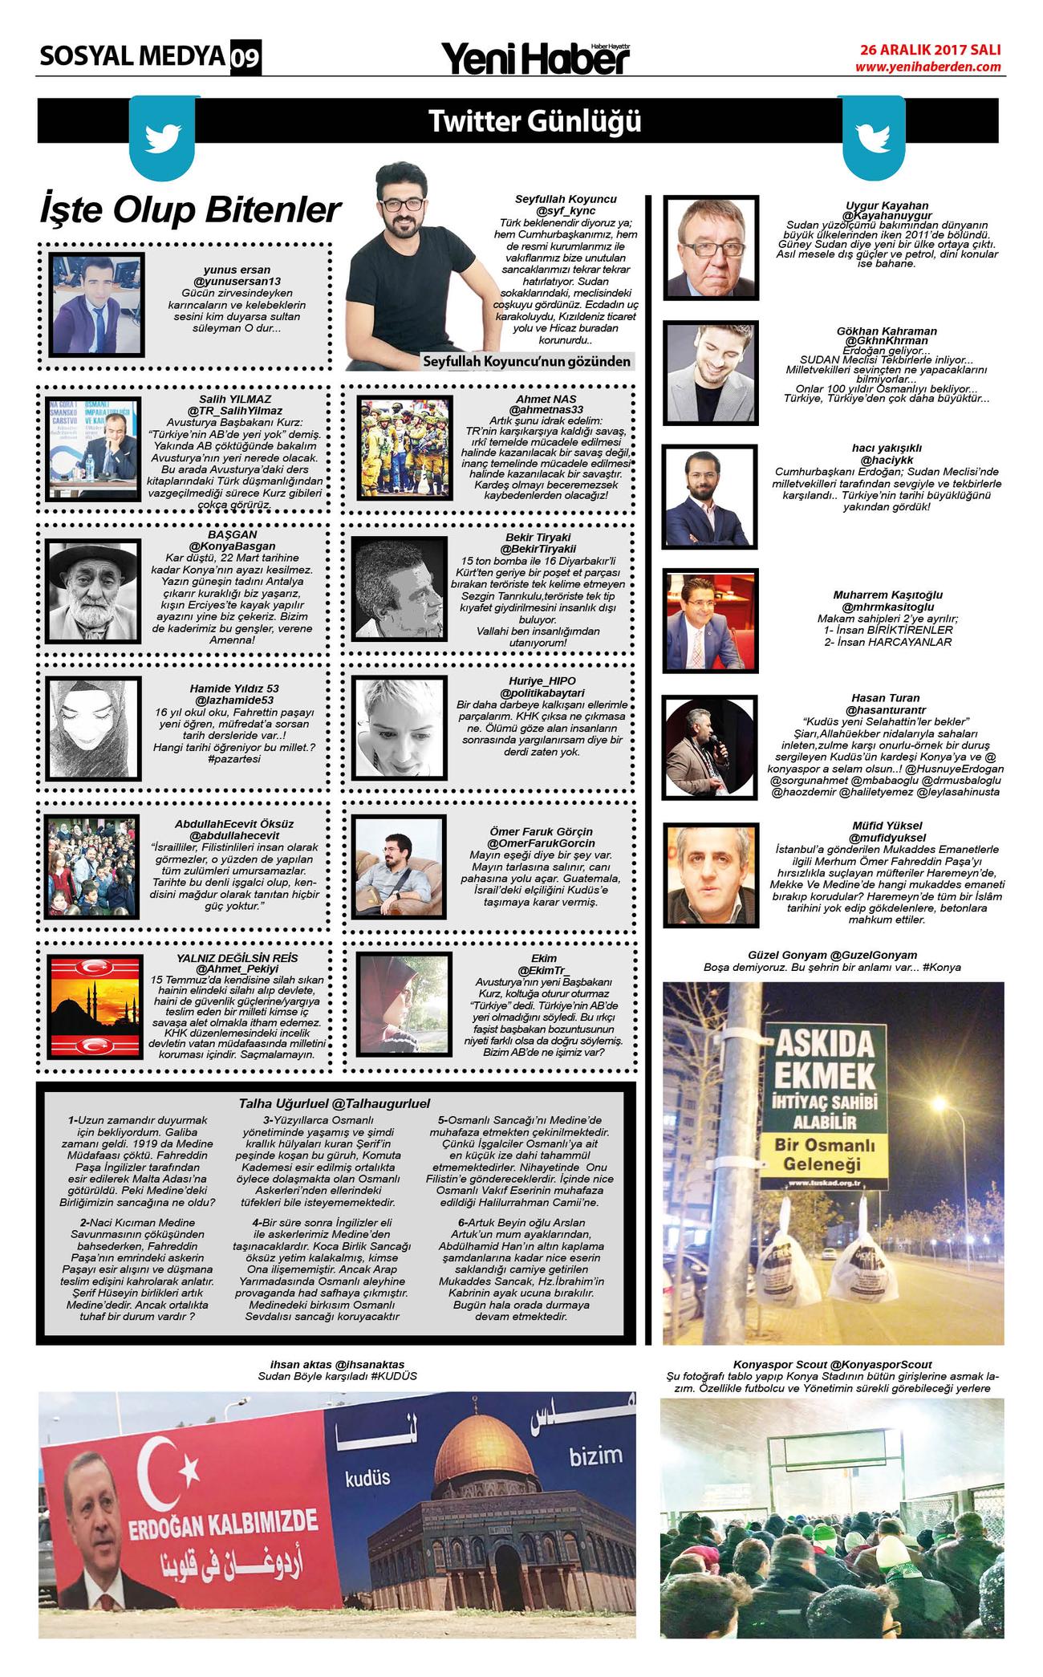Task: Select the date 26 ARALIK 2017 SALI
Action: pos(930,50)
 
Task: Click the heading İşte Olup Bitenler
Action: pos(191,211)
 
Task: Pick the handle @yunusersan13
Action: pos(237,282)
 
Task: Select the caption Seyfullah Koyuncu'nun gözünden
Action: pos(527,362)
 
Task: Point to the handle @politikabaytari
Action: pos(542,692)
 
